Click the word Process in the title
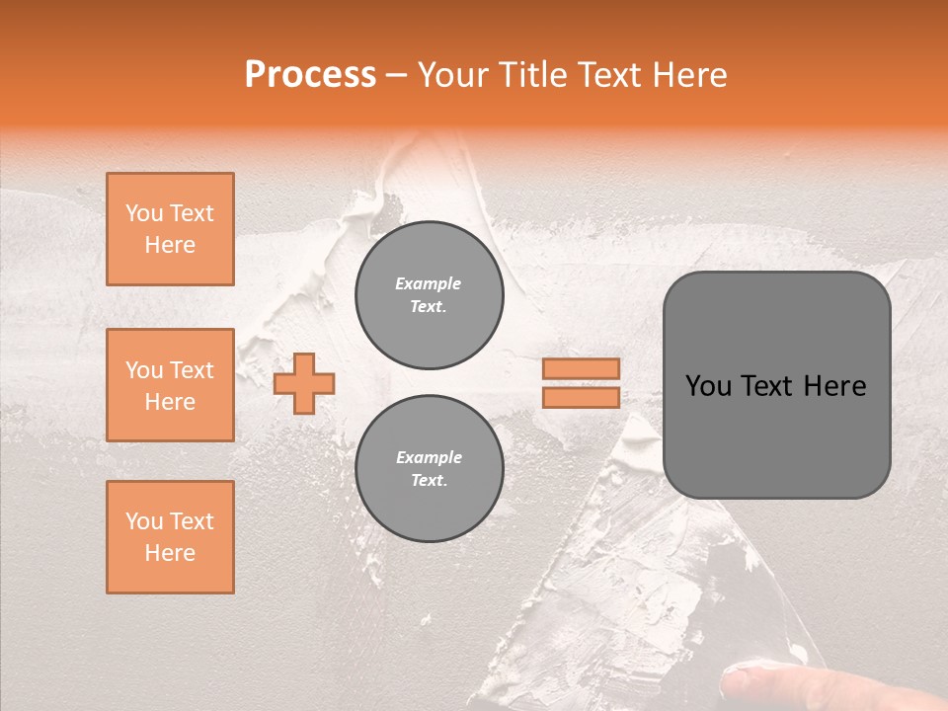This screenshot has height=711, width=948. (x=310, y=75)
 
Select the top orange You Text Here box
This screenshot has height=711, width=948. (x=170, y=229)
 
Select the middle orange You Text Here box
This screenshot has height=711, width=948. (x=170, y=385)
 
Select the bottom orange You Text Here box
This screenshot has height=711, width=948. (x=170, y=537)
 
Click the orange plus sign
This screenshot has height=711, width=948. (x=304, y=384)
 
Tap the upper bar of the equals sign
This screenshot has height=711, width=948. (x=581, y=368)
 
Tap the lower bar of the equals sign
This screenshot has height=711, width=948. (x=581, y=397)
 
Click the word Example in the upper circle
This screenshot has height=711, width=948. (x=429, y=283)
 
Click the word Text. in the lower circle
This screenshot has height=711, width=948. (x=429, y=480)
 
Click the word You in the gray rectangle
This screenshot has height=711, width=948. (x=709, y=386)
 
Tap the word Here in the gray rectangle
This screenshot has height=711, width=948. (x=834, y=386)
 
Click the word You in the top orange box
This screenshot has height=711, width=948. (x=144, y=213)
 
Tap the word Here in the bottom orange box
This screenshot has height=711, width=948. (x=170, y=553)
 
